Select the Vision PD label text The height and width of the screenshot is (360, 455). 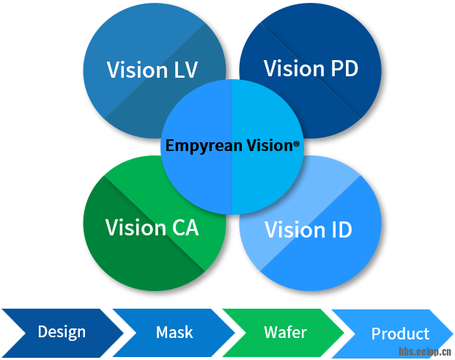click(x=311, y=69)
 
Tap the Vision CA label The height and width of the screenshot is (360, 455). click(x=152, y=227)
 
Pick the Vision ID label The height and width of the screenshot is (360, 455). click(x=308, y=229)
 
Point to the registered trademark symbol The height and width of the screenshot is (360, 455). click(x=296, y=145)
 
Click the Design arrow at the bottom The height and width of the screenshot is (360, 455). click(x=62, y=331)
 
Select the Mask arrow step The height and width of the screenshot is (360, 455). click(x=174, y=332)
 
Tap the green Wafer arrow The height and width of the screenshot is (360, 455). click(x=285, y=332)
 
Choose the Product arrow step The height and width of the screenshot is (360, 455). click(x=400, y=334)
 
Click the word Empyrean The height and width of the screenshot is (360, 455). click(x=198, y=146)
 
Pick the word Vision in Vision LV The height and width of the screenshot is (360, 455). click(x=136, y=70)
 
